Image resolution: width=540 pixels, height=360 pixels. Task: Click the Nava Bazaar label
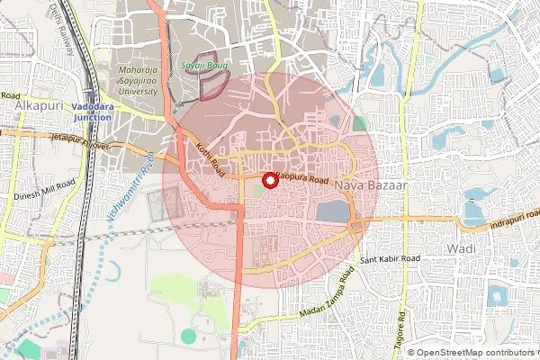(x=371, y=184)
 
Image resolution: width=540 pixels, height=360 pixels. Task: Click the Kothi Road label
(x=208, y=160)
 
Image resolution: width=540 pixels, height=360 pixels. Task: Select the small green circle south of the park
(x=187, y=336)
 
